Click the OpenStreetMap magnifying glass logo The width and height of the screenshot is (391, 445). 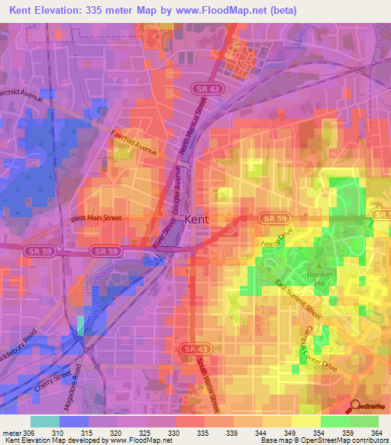click(x=355, y=406)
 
